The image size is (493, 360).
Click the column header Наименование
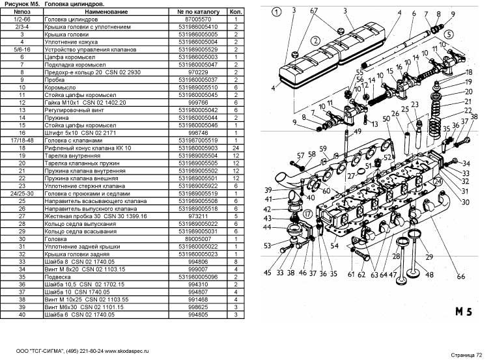tap(106, 12)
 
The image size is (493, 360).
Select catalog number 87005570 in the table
tap(198, 19)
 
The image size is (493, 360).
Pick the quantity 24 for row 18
tap(236, 148)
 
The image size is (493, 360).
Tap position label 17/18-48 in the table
tap(21, 141)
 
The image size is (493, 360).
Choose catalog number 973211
tap(198, 216)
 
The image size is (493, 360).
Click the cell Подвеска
tap(57, 277)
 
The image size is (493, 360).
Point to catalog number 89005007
tap(198, 239)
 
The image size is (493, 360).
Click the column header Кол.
tap(236, 12)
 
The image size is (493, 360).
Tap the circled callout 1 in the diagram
tap(276, 12)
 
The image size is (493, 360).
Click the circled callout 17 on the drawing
tap(307, 214)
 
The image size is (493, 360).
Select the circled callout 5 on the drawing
tap(448, 34)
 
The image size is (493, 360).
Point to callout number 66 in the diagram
tap(460, 277)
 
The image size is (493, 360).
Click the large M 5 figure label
tap(464, 311)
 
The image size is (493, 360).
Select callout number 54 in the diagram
tap(334, 245)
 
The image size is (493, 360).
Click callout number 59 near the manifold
tap(323, 148)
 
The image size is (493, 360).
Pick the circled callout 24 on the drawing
tap(438, 182)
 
